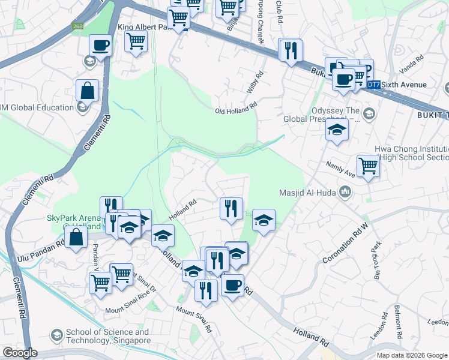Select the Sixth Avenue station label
(403, 85)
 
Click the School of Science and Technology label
(107, 336)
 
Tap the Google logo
(20, 352)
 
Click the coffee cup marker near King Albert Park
(100, 45)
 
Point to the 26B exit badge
(78, 26)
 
